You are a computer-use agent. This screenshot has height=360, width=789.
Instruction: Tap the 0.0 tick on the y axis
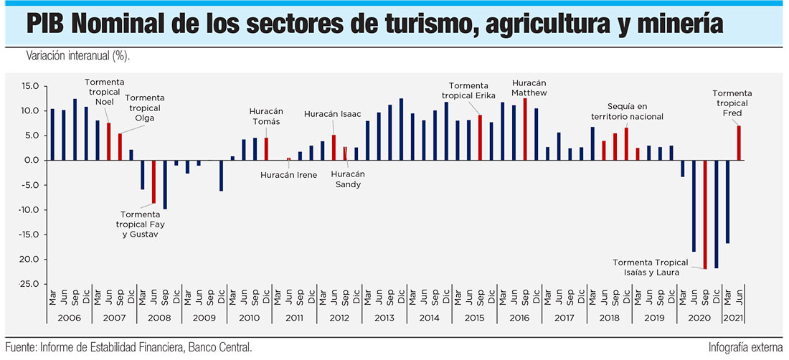tap(30, 161)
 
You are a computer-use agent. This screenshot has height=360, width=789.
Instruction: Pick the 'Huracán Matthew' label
tap(530, 87)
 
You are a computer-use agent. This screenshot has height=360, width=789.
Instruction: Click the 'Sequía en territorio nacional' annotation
tap(627, 111)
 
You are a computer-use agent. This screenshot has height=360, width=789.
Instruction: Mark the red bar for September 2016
tap(526, 129)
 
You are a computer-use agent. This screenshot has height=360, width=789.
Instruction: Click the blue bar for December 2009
tap(221, 175)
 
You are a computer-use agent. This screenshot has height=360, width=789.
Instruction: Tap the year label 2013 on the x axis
tap(384, 318)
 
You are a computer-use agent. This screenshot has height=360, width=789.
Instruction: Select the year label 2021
tap(732, 318)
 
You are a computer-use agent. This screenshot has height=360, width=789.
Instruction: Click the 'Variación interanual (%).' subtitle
tap(79, 56)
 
